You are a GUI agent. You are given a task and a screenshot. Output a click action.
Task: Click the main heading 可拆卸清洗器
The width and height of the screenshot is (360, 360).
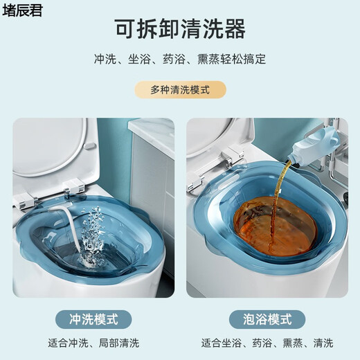(180, 29)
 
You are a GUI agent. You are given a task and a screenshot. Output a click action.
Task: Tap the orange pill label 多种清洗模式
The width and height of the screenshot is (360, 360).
(179, 90)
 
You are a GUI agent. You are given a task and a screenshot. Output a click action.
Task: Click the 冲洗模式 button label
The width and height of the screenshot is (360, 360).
(93, 319)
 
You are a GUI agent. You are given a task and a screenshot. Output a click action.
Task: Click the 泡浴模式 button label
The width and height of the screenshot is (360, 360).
(267, 319)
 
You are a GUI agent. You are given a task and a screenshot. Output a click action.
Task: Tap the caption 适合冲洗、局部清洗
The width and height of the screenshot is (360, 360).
(93, 343)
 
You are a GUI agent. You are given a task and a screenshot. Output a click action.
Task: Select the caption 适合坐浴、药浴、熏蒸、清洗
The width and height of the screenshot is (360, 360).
(267, 343)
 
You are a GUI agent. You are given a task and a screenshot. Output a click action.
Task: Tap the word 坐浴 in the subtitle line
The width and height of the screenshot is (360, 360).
(139, 60)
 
